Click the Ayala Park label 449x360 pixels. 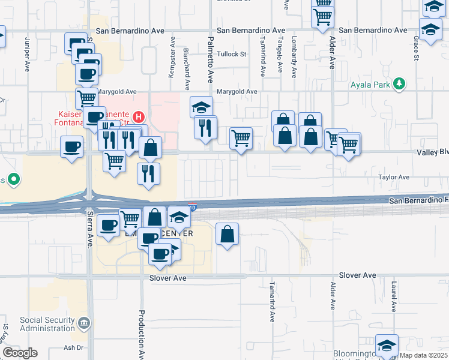(x=372, y=85)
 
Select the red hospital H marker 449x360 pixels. (x=139, y=116)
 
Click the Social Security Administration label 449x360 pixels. (x=47, y=324)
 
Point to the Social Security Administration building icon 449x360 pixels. (x=83, y=324)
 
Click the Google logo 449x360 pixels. (x=20, y=353)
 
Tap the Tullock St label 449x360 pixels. (x=232, y=54)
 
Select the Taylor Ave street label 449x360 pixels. (x=393, y=178)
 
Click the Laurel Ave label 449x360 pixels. (x=394, y=298)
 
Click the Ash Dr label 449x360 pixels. (x=73, y=347)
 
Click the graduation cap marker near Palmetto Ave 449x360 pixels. (x=202, y=107)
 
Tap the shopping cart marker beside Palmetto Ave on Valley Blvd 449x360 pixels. (x=241, y=138)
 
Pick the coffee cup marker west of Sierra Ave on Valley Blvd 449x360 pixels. (x=72, y=147)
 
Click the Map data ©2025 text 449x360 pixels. (x=424, y=355)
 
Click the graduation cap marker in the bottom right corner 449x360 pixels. (x=387, y=346)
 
